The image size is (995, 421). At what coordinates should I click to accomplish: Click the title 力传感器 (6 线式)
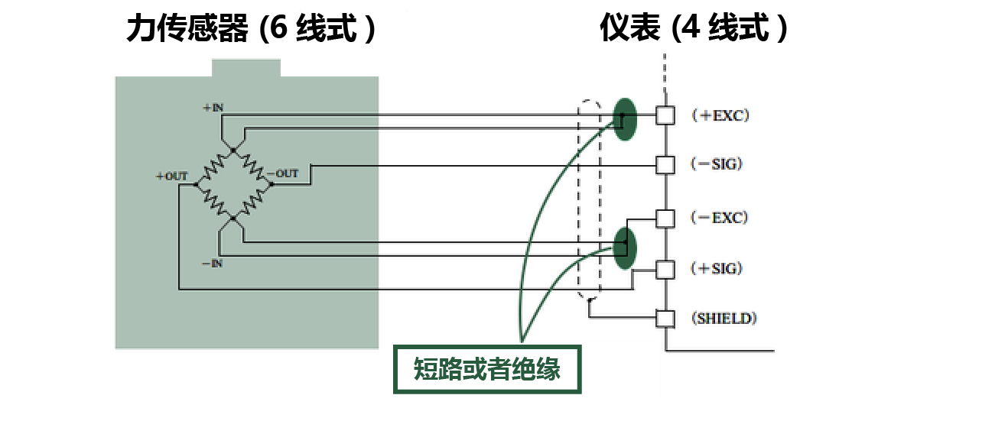(x=251, y=31)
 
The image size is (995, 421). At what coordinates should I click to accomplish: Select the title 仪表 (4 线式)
(x=693, y=31)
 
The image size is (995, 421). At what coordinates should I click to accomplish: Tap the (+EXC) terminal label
(x=719, y=116)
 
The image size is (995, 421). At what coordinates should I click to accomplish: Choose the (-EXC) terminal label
(x=719, y=218)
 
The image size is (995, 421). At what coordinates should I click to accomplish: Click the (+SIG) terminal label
(x=717, y=268)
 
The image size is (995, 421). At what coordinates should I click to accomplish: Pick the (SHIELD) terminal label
(x=723, y=319)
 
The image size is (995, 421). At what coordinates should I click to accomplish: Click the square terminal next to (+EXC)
(x=665, y=115)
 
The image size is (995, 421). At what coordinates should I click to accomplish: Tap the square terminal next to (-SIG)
(x=665, y=164)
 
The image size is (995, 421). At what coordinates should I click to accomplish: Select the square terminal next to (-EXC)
(x=665, y=219)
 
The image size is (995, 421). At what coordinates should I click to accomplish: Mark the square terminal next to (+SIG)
(x=665, y=269)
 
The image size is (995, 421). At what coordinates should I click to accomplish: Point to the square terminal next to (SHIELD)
(x=665, y=318)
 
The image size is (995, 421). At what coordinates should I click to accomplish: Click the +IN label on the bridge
(x=213, y=108)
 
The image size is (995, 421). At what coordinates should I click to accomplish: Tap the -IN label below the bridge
(x=212, y=264)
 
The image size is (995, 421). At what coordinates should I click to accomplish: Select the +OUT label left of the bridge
(x=171, y=176)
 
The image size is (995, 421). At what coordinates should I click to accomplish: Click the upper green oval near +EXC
(x=624, y=119)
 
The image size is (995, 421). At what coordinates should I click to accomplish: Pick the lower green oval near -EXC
(x=626, y=248)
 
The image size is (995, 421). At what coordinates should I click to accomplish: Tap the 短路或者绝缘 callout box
(x=487, y=370)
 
